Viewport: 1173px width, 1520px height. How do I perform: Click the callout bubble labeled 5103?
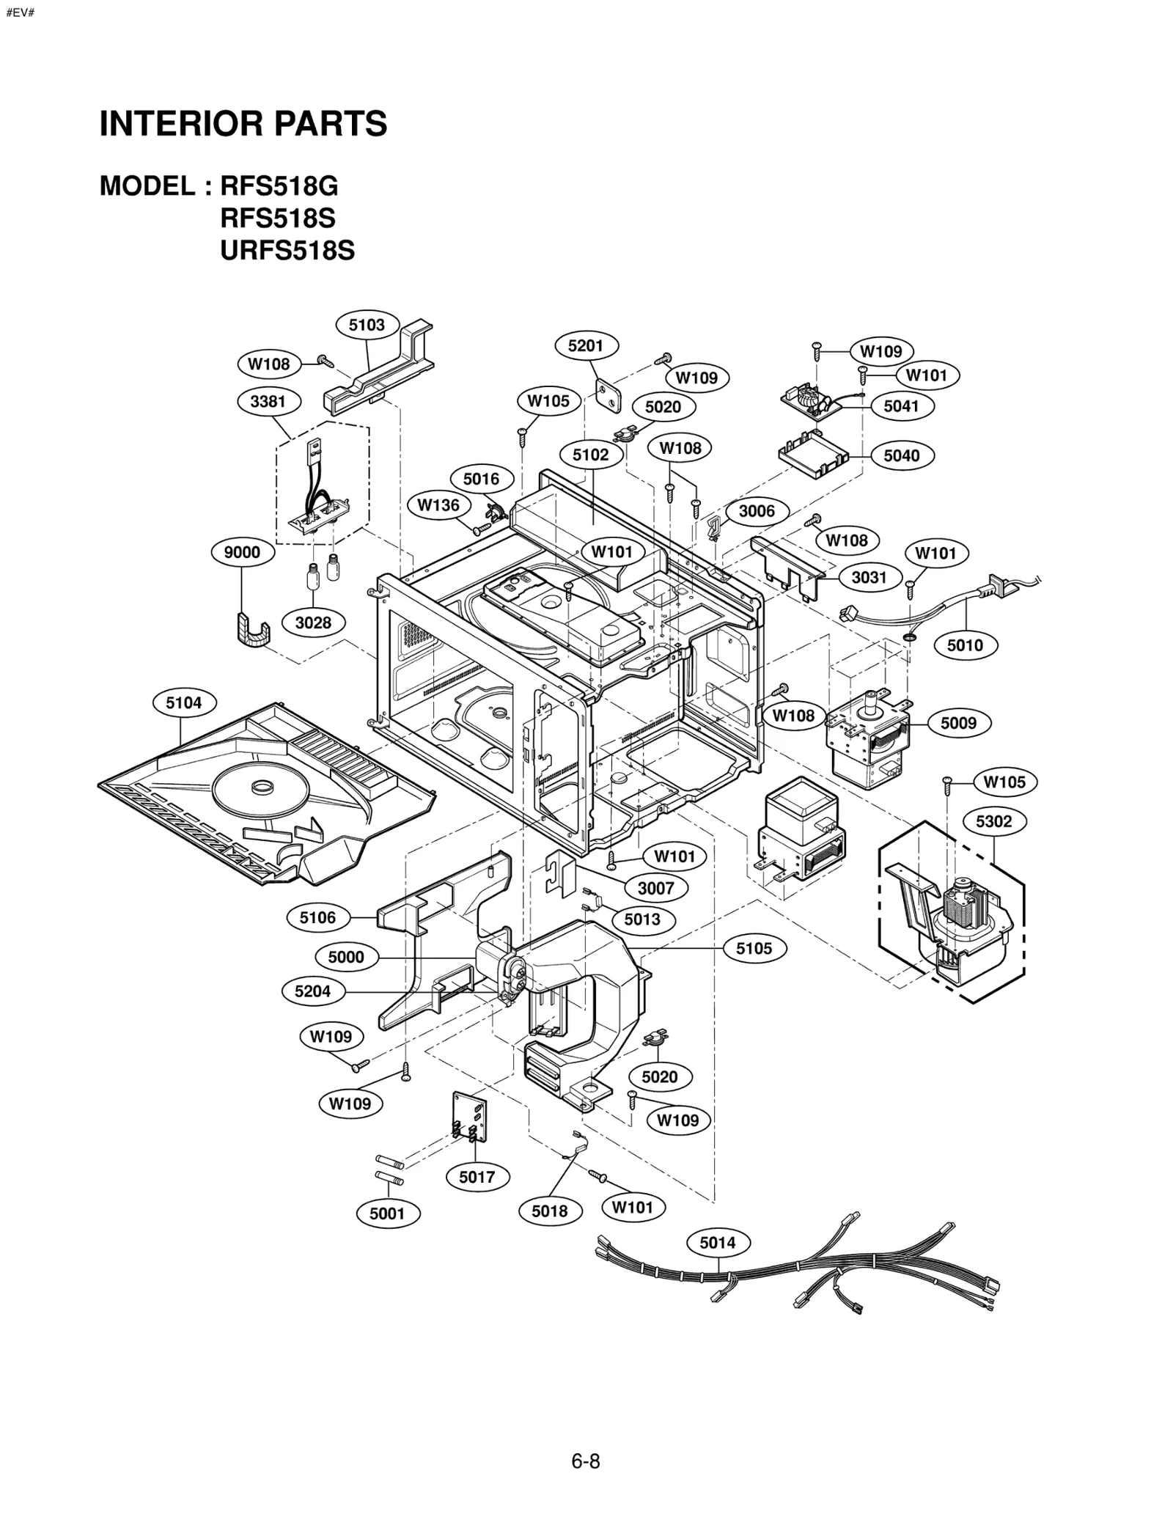367,325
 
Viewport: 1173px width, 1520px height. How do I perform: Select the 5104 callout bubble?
183,702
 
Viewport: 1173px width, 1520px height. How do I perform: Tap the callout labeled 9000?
242,552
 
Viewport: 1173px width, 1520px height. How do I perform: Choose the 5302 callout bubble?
993,821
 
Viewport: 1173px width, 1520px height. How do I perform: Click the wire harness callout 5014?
717,1242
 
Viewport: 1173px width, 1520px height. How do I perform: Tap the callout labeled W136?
438,504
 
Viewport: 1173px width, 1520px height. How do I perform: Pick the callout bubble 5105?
754,948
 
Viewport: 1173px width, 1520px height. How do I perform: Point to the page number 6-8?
585,1461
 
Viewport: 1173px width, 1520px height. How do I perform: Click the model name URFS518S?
287,251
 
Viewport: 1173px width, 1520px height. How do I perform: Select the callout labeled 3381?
267,401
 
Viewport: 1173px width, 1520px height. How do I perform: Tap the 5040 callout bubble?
901,455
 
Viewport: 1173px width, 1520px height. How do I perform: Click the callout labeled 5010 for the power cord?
965,645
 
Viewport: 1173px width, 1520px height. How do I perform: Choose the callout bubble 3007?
655,888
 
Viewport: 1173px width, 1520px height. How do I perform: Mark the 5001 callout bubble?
387,1214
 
